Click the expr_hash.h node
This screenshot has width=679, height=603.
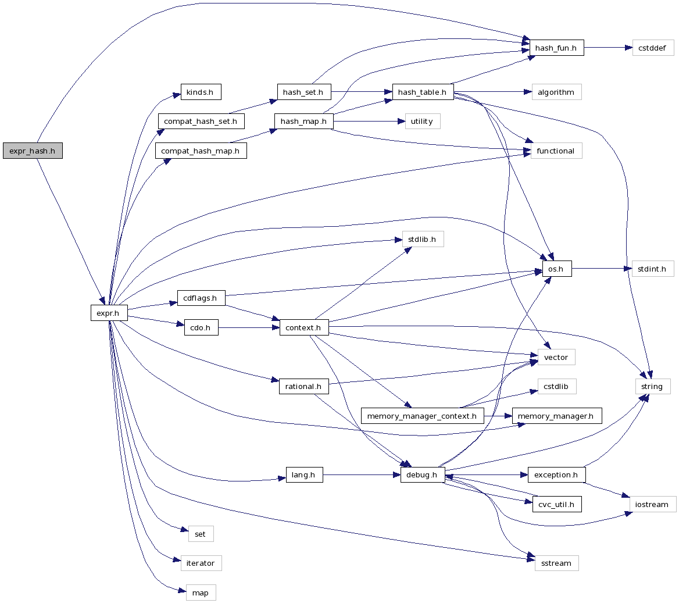coord(33,151)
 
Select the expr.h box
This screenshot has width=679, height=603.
coord(108,313)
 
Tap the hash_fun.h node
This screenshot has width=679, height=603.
coord(556,48)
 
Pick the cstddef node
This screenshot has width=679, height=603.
coord(653,48)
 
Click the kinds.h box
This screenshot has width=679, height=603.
coord(201,92)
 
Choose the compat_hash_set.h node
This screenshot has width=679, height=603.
coord(201,121)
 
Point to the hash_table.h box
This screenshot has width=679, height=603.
coord(423,92)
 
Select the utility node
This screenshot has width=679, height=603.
coord(421,121)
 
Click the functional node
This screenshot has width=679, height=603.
coord(556,151)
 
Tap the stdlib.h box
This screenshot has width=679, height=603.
coord(423,239)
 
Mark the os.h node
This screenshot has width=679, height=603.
coord(556,269)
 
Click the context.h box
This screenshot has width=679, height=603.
coord(303,327)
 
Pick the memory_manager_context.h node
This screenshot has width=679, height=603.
coord(421,416)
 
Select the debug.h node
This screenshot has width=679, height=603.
coord(423,474)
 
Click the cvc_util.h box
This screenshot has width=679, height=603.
coord(556,504)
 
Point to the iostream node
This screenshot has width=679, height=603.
coord(652,504)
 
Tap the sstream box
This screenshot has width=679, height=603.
coord(556,563)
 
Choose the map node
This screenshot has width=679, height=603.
coord(200,593)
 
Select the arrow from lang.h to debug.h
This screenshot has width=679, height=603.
coord(360,474)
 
